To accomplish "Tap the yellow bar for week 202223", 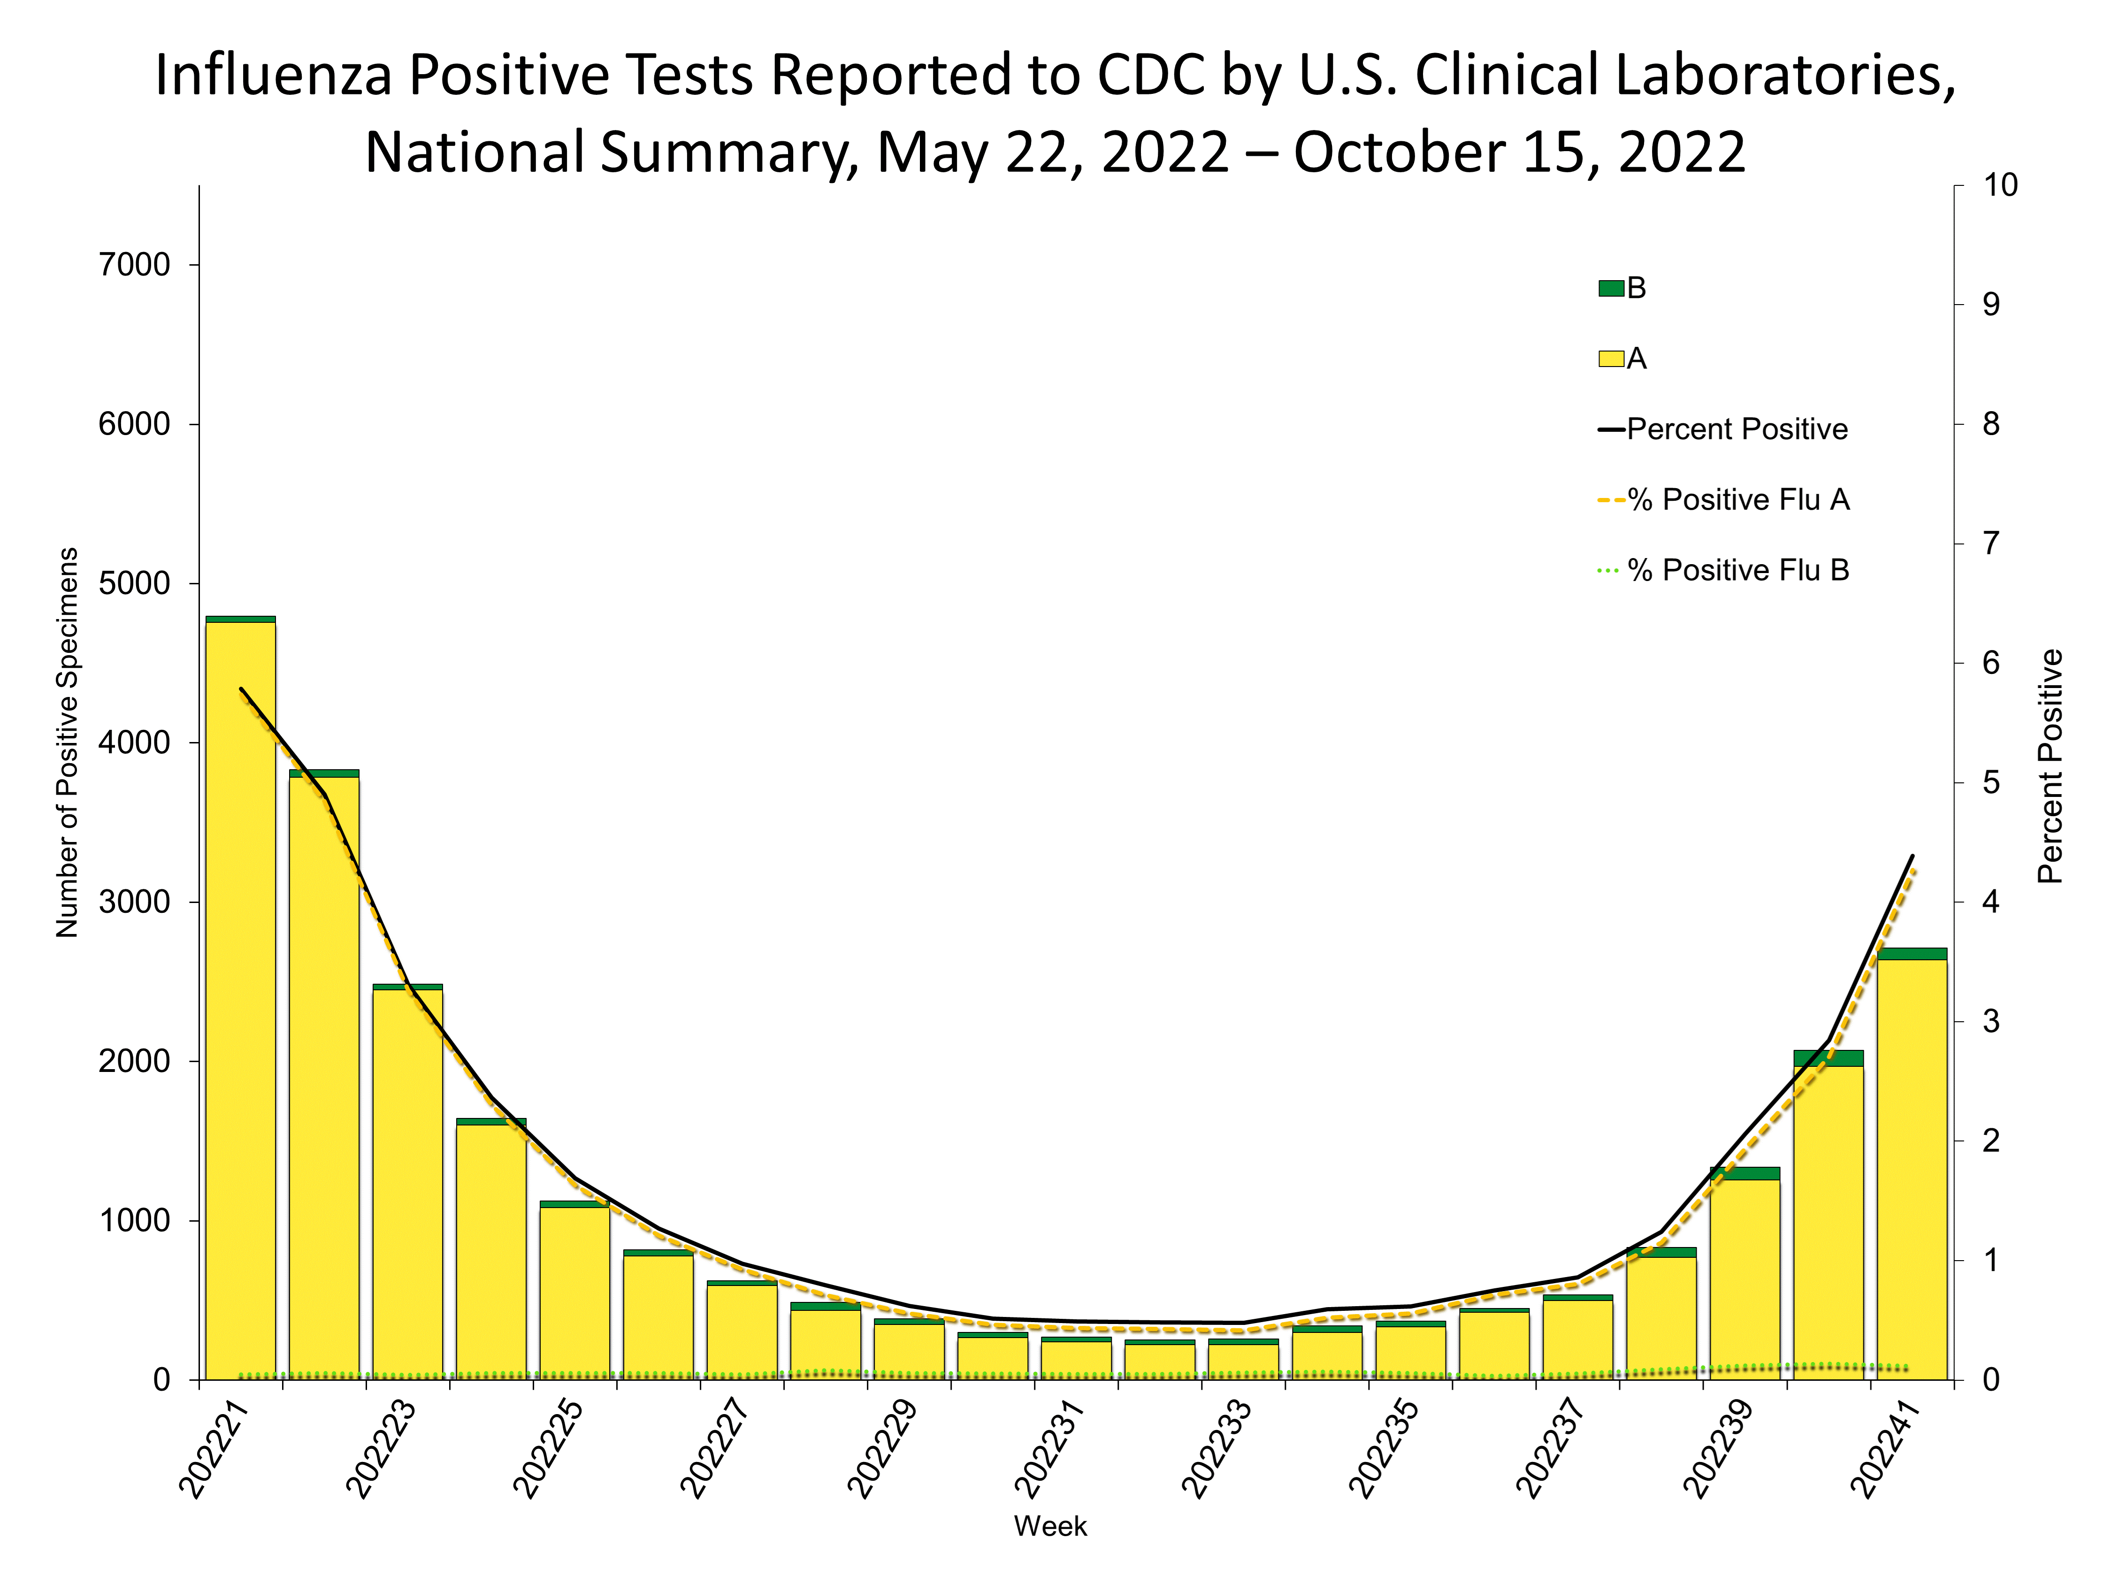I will pos(408,1184).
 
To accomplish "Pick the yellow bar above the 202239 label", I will pos(1745,1279).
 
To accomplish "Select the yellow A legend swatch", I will pos(1611,359).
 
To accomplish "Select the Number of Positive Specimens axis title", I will pos(67,743).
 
